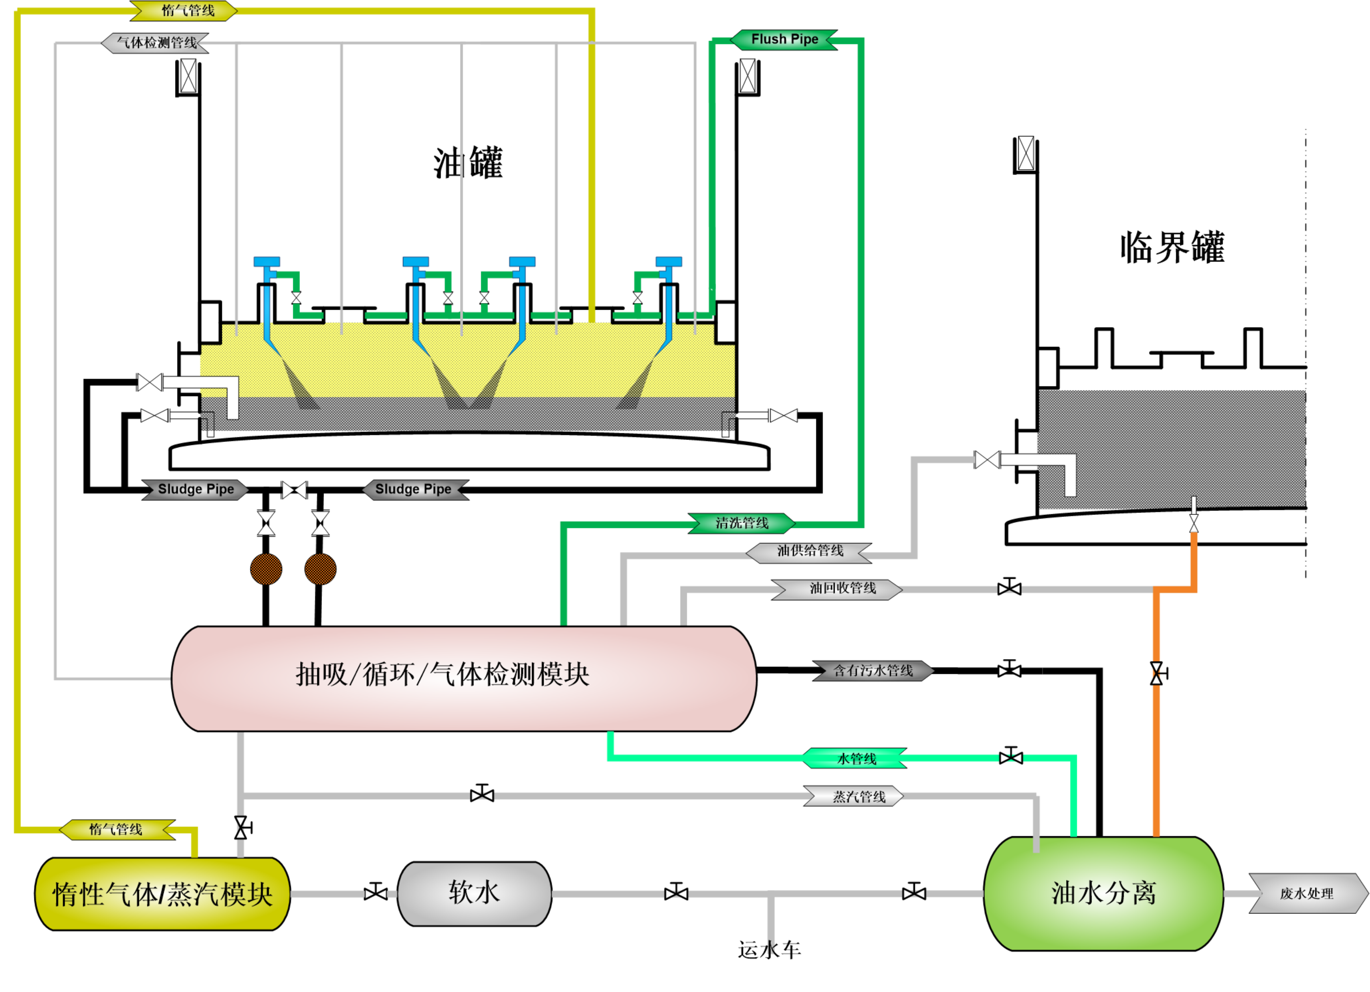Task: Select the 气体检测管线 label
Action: coord(156,43)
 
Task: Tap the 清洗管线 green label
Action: coord(742,523)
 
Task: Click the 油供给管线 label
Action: coord(809,551)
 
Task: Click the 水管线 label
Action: coord(855,759)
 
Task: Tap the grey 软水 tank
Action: coord(474,894)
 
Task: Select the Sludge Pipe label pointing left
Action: coord(415,489)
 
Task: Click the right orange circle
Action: coord(320,569)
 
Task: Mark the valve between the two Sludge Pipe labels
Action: coord(294,490)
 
